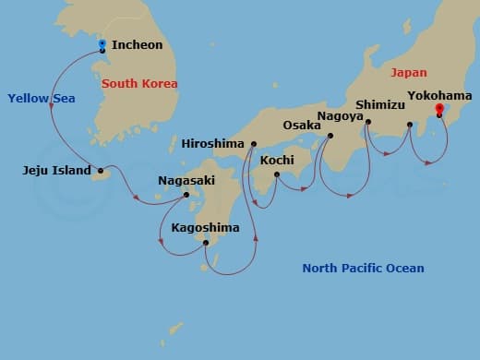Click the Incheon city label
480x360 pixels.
[x=137, y=44]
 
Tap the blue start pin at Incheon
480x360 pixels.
[x=102, y=43]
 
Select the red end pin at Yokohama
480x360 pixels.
[x=438, y=109]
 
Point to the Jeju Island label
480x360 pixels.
[x=55, y=170]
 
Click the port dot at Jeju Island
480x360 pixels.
[x=101, y=170]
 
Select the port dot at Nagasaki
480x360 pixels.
[x=186, y=195]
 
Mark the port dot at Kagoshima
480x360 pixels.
[x=207, y=244]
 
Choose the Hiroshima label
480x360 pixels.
[x=213, y=144]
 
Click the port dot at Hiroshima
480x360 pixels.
[x=252, y=144]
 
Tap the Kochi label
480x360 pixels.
[x=277, y=160]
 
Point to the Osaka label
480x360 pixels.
[x=302, y=125]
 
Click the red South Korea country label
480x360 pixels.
[x=139, y=84]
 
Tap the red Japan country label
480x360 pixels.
[x=409, y=72]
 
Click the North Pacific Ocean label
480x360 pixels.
[x=363, y=269]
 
